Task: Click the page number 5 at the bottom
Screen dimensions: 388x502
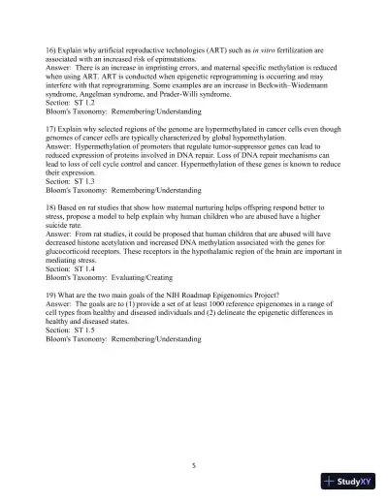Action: click(194, 465)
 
